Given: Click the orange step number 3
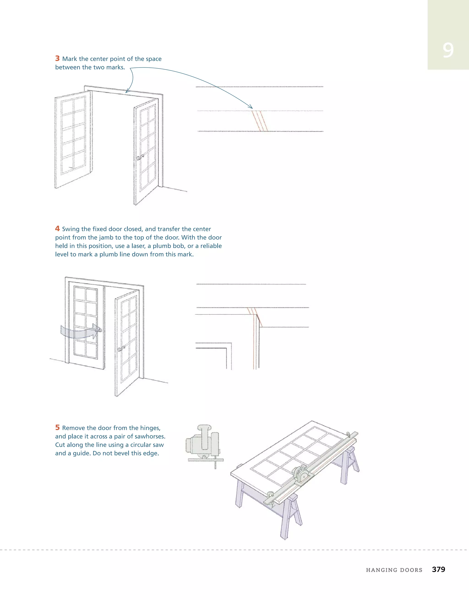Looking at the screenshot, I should (57, 58).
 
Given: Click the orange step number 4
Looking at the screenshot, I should (57, 229).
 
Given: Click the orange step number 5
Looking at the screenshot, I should (57, 428).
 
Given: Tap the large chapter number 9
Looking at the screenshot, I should (448, 50).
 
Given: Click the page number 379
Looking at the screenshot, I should (439, 569).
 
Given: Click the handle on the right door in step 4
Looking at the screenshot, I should (121, 349).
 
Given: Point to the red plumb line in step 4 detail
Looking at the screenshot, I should (253, 344).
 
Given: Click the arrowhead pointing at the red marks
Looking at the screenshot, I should (251, 107).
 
